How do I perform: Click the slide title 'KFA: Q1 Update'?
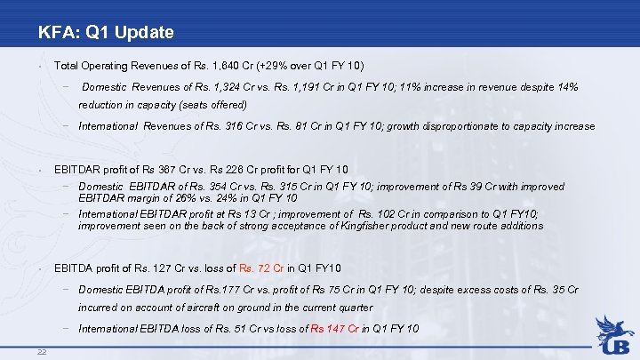pos(106,34)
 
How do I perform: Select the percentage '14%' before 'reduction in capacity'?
pos(567,87)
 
